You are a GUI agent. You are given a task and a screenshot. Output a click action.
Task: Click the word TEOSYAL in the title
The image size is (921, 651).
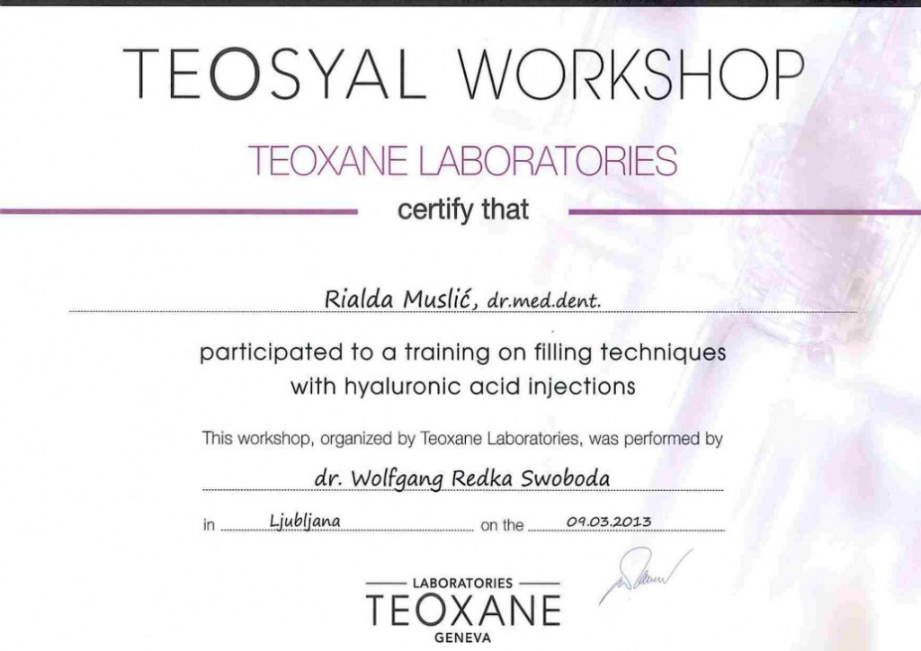(x=273, y=74)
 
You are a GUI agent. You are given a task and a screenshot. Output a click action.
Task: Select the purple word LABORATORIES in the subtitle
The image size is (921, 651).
(x=548, y=160)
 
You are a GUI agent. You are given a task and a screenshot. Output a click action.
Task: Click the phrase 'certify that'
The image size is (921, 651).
(x=463, y=210)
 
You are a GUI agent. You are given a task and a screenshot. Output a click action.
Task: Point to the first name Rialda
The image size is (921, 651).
(x=359, y=299)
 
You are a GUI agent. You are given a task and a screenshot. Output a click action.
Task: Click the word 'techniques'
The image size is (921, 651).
(x=663, y=352)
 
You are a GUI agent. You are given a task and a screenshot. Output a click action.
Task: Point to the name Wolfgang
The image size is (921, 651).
(x=397, y=479)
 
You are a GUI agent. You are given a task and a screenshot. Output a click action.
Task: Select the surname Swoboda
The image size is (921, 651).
(x=565, y=478)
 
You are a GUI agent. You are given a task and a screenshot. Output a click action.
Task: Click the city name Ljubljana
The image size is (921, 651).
(x=305, y=522)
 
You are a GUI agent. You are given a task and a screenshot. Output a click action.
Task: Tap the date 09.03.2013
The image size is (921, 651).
(x=609, y=522)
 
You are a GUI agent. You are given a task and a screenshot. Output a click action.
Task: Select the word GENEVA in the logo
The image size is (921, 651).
(x=463, y=638)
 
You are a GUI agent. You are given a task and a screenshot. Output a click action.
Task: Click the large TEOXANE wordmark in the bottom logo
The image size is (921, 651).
(x=463, y=610)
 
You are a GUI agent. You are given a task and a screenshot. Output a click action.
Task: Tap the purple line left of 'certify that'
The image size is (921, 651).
(x=179, y=210)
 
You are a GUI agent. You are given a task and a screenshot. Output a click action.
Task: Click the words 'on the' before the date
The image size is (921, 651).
(x=502, y=525)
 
